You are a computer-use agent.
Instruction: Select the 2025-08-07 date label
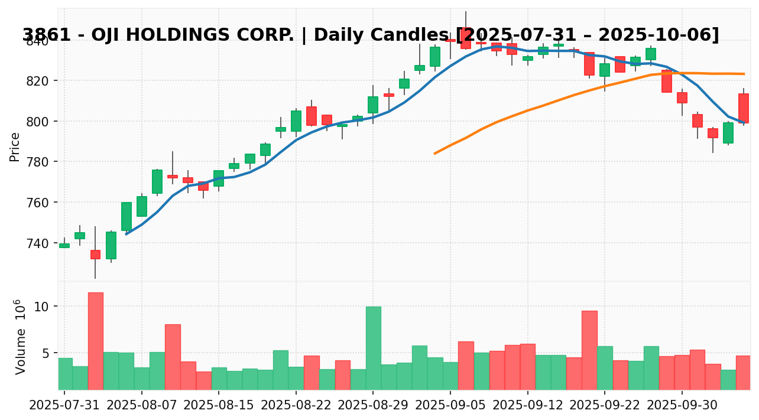142,406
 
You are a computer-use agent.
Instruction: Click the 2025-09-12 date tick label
527,406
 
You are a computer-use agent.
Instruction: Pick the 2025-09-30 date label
682,406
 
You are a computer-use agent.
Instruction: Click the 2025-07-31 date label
64,406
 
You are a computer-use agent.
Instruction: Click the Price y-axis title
15,146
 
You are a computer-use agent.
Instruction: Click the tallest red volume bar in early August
95,341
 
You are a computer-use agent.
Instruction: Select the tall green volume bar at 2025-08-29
373,348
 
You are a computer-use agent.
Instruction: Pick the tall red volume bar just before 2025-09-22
589,350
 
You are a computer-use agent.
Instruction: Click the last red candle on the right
743,108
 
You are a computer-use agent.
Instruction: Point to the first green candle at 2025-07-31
64,245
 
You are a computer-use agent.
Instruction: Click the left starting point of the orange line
434,154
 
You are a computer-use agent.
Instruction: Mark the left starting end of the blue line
126,235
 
